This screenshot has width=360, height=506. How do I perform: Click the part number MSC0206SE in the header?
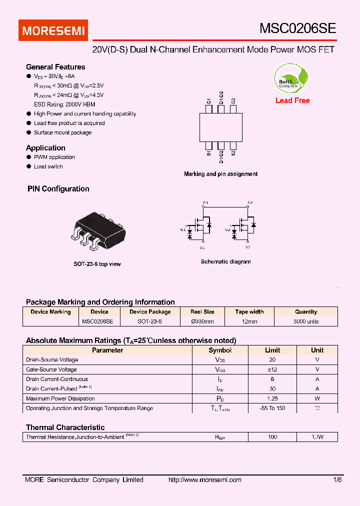point(297,28)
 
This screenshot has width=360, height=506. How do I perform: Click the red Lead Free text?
point(292,100)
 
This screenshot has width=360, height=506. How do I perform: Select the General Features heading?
point(55,67)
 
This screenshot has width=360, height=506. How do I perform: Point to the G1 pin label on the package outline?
point(209,101)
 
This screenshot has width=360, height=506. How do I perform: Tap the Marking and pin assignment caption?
point(220,174)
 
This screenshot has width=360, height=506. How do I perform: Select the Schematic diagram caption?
point(225,261)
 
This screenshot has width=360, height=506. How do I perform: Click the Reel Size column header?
point(202,311)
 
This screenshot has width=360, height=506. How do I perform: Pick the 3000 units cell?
point(306,321)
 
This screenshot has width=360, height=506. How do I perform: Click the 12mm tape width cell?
point(249,321)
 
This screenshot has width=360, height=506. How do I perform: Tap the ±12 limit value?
point(272,369)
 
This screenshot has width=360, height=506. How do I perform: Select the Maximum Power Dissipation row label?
point(60,398)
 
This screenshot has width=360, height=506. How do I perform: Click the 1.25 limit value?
point(272,398)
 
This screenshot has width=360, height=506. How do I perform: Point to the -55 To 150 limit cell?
point(272,408)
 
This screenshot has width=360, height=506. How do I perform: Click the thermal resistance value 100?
point(272,437)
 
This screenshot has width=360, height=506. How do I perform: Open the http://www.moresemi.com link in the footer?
point(205,480)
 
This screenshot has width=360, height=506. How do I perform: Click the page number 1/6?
point(337,480)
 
